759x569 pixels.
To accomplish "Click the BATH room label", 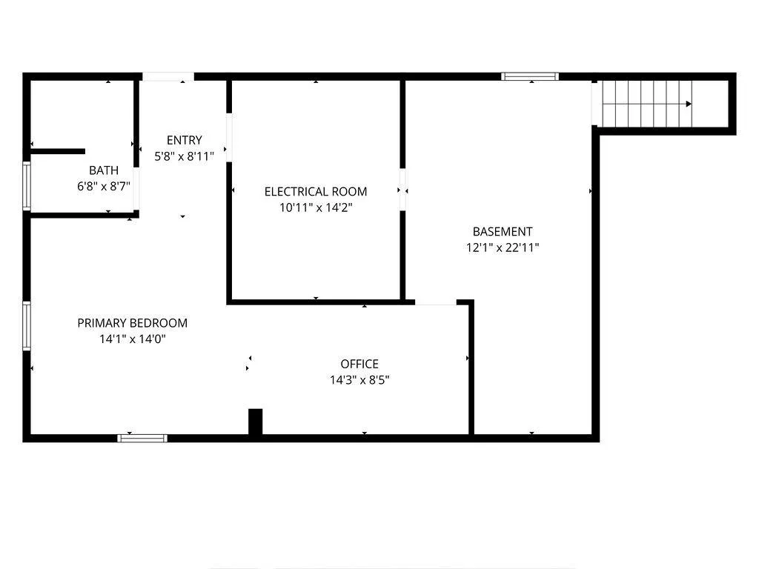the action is click(x=104, y=170).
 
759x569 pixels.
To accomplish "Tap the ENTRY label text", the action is click(x=184, y=140).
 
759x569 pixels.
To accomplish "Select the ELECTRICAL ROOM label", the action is click(x=316, y=192).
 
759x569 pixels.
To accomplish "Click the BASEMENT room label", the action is click(x=503, y=231).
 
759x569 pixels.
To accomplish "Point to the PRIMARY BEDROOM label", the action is click(x=132, y=323).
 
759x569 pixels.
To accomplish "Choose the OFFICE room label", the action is click(x=359, y=364).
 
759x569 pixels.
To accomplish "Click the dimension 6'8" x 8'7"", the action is click(x=104, y=186).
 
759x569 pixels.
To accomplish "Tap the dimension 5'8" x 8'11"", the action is click(x=184, y=156).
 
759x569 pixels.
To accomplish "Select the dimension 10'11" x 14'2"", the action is click(x=316, y=207).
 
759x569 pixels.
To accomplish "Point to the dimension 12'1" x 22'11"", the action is click(x=503, y=247).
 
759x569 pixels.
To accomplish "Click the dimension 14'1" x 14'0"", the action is click(x=132, y=339).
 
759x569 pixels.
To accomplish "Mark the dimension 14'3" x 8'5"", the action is click(x=359, y=380).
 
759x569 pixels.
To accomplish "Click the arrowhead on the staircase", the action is click(x=689, y=104).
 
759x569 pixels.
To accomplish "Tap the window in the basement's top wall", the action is click(x=530, y=76).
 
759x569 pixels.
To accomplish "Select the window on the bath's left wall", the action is click(x=27, y=186).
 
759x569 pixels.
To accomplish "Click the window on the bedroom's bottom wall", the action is click(x=142, y=439).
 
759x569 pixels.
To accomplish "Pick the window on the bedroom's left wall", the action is click(x=27, y=326).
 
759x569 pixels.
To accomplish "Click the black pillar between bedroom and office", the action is click(x=255, y=422).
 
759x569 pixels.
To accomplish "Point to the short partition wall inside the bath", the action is click(x=58, y=151).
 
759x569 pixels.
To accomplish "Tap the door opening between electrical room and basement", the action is click(x=402, y=190).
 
